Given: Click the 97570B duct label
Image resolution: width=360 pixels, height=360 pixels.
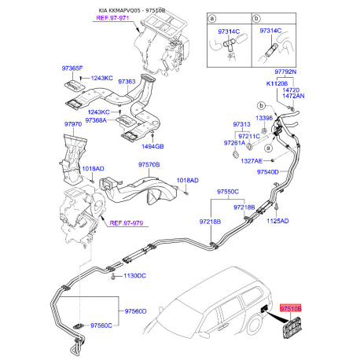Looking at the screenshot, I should pyautogui.click(x=149, y=164).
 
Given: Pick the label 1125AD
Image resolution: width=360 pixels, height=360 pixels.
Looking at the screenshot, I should pyautogui.click(x=276, y=221).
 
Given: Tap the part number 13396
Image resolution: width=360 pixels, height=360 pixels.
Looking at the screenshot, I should pyautogui.click(x=264, y=118).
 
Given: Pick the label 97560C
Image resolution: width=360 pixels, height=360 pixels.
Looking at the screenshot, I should pyautogui.click(x=105, y=325).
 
